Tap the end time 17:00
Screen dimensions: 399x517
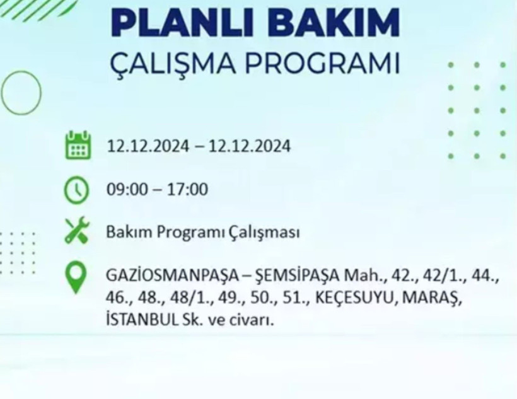click(187, 189)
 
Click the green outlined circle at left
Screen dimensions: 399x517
click(21, 93)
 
